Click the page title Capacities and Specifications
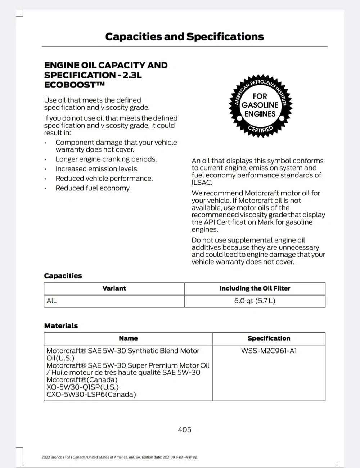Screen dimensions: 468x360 coord(184,37)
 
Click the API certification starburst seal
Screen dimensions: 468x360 coord(260,105)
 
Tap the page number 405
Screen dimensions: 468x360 coord(184,429)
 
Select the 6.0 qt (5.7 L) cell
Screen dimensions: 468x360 coord(255,301)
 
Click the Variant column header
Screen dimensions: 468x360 coord(114,288)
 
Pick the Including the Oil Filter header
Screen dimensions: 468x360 coord(255,288)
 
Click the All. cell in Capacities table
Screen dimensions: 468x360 coord(52,301)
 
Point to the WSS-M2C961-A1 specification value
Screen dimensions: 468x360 coord(269,351)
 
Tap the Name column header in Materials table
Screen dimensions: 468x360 coord(128,338)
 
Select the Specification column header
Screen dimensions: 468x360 coord(269,338)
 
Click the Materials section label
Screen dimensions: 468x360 coord(61,326)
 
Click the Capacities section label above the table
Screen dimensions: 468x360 coord(63,276)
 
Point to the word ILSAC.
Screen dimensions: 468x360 coord(202,183)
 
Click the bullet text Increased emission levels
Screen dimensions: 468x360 coord(97,169)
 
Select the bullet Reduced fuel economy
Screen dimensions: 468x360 coord(93,188)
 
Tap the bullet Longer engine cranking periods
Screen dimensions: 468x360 coord(106,159)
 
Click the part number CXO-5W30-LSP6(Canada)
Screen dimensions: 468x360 coord(91,395)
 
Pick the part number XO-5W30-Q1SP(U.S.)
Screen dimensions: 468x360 coord(82,387)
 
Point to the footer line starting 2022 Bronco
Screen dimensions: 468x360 coord(119,457)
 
